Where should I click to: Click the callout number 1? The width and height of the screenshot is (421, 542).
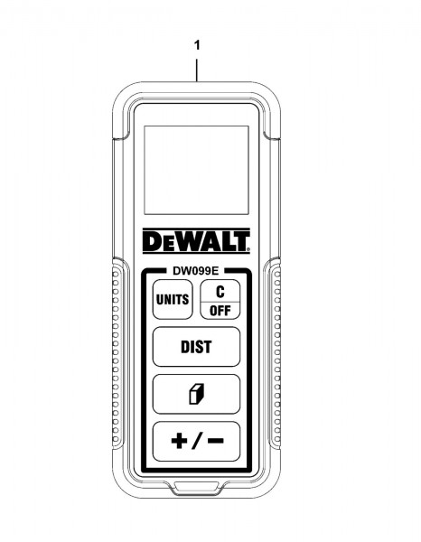pos(197,45)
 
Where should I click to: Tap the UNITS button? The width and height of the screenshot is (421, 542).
pos(173,299)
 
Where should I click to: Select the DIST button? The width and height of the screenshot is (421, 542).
pos(196,347)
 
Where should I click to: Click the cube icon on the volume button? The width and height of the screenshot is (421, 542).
pos(197,394)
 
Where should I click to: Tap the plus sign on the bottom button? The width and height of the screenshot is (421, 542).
pos(180,441)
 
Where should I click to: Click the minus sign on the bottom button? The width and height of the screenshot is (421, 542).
pos(216,441)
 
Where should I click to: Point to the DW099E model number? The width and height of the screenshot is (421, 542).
pos(196,271)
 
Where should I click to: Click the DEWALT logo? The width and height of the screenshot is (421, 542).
pos(196,241)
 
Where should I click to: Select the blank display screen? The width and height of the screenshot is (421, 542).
pos(196,170)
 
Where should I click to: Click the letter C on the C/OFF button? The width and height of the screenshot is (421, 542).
pos(220,292)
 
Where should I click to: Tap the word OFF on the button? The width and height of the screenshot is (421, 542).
pos(220,311)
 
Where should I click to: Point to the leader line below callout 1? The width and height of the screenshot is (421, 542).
pos(197,70)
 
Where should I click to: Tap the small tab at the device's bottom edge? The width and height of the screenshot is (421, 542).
pos(196,488)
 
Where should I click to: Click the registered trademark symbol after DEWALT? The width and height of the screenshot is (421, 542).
pos(248,248)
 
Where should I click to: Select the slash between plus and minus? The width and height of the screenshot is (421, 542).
pos(197,441)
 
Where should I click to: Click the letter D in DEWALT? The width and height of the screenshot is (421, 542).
pos(151,241)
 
